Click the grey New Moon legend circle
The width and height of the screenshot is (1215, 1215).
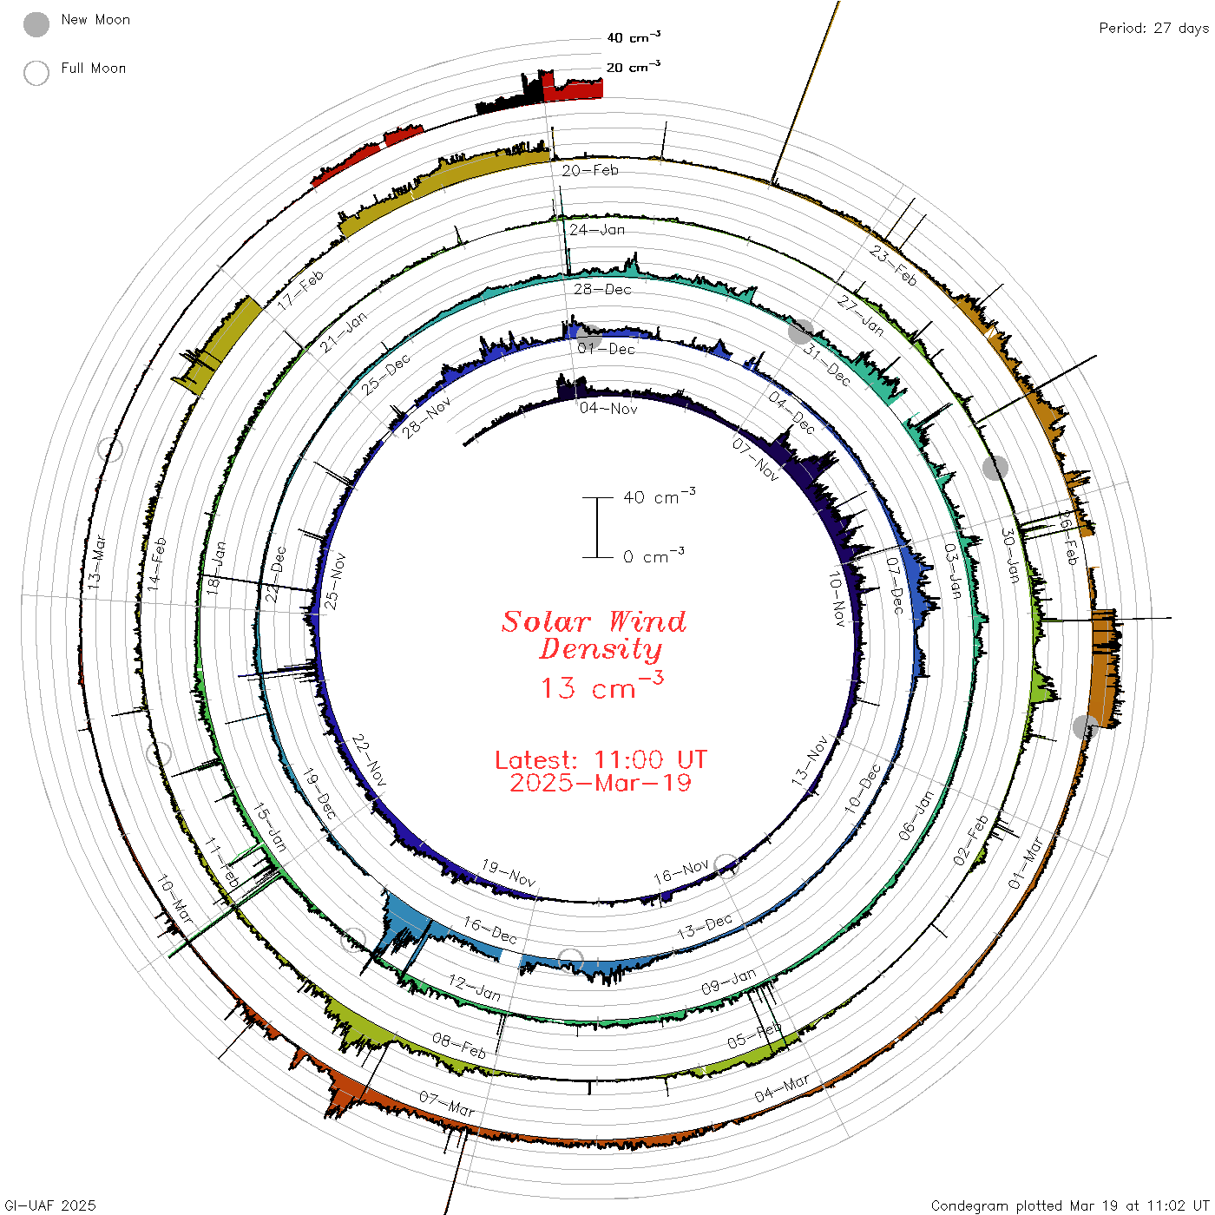tap(36, 24)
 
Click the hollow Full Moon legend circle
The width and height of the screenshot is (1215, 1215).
tap(36, 73)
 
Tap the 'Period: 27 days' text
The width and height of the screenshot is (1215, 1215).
tap(1153, 29)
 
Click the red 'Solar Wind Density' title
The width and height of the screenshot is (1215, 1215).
tap(594, 635)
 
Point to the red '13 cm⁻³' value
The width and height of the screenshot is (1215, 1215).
tap(602, 686)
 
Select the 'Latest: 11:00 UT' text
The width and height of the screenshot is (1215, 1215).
tap(601, 759)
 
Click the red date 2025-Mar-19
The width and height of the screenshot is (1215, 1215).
tap(601, 783)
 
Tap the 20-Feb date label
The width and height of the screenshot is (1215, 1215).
tap(590, 170)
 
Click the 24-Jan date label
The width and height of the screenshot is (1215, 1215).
tap(597, 229)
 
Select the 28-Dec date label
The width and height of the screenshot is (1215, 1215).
tap(602, 289)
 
